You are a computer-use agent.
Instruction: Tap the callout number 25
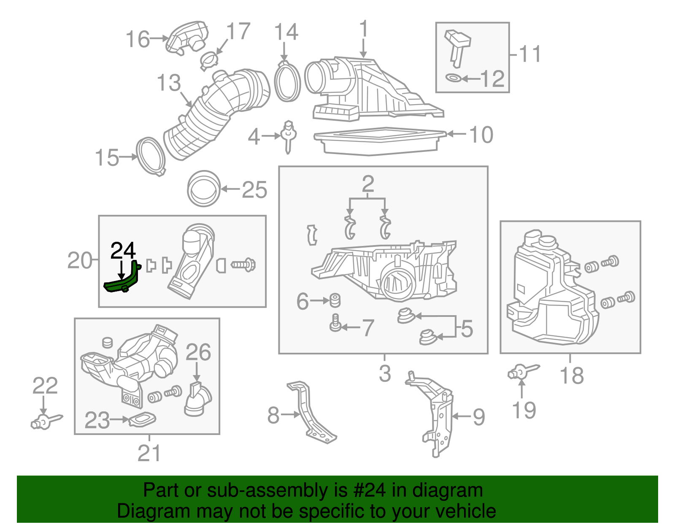254,189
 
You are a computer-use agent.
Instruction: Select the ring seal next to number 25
204,189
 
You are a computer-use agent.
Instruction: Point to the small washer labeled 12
454,78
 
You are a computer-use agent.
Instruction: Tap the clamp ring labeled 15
151,156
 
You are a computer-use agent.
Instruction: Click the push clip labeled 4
289,135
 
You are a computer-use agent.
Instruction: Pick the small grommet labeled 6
335,300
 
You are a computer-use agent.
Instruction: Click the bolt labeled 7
335,324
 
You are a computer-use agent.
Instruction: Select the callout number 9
479,417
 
